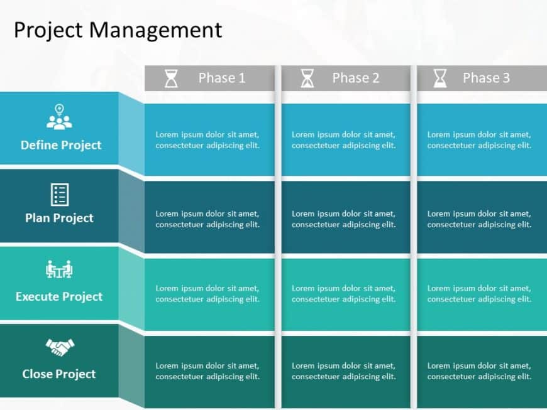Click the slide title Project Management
118,30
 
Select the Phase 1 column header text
221,78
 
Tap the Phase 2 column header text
356,78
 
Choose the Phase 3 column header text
486,78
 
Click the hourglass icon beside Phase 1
171,78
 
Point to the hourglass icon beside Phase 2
307,78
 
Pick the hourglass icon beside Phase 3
440,78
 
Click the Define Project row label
60,145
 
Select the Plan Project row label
59,218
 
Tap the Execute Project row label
59,296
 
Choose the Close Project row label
59,374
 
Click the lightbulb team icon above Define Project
59,117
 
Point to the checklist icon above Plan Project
59,195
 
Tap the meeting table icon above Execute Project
59,269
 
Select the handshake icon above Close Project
59,347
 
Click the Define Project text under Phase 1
207,140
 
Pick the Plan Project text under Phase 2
343,219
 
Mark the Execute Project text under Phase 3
479,294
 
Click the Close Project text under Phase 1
207,371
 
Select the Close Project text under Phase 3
479,371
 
